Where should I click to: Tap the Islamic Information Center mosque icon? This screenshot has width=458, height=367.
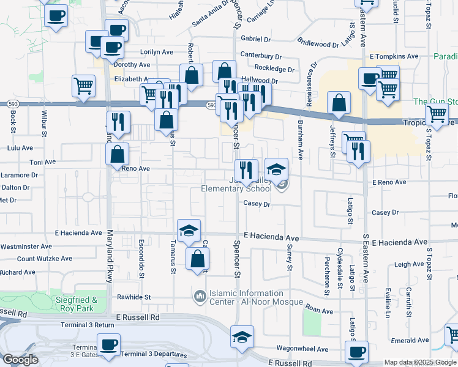[x=200, y=297]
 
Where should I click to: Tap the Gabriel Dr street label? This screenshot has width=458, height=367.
[x=256, y=39]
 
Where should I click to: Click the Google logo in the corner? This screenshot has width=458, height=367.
[x=20, y=360]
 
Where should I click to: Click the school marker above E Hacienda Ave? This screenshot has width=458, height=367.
[x=189, y=231]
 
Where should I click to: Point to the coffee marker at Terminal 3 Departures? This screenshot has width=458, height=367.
[x=108, y=344]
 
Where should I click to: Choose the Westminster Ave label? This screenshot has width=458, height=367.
[x=26, y=247]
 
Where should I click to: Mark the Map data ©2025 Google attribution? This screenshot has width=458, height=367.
[x=419, y=362]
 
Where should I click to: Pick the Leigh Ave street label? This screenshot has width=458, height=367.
[x=409, y=264]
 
